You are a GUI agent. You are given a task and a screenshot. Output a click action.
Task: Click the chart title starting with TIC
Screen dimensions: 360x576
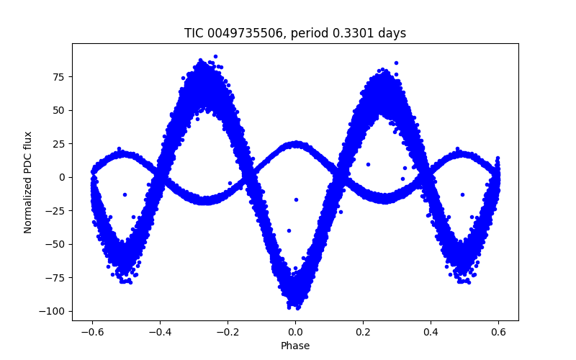pos(295,33)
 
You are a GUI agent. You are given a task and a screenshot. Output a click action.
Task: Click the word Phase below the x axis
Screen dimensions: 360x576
pos(295,346)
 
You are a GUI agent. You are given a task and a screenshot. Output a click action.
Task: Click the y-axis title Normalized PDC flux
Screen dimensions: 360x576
pos(28,182)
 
